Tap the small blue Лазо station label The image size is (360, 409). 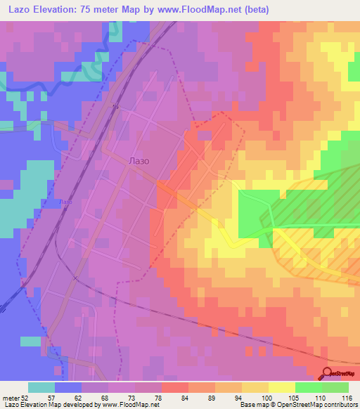tap(66, 202)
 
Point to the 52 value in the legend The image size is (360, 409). tap(25, 398)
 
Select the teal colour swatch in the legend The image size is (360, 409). tap(41, 387)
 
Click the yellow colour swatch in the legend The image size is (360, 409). tap(281, 387)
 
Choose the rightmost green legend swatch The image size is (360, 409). tap(335, 387)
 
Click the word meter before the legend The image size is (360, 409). tap(11, 398)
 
